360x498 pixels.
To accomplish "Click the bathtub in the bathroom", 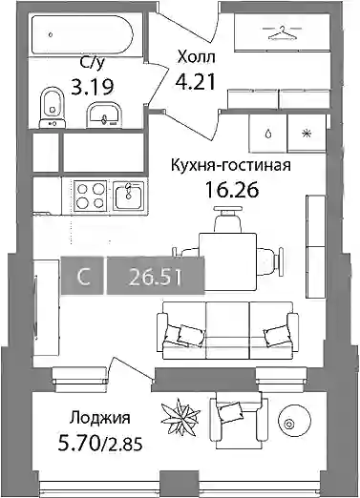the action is pos(83,33).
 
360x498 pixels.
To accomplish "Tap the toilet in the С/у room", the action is pos(53,108).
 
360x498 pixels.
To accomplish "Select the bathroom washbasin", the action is pos(104,114).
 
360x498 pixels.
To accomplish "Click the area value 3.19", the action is pos(93,87).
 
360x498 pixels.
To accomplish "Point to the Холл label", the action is pos(197,57).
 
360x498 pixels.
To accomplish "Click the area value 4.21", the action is pos(196,82).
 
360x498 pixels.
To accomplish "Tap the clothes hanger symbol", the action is pos(282,33).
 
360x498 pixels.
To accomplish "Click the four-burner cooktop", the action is pos(90,196).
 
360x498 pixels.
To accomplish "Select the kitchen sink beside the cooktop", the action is pos(129,196).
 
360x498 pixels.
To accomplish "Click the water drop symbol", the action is pos(269,134).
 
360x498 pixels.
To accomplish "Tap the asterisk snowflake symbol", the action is pos(307,134).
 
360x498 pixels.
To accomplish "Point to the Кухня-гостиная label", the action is pos(231,166).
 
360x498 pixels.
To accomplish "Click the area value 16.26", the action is pos(232,190).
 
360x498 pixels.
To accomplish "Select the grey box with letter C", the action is pos(82,276).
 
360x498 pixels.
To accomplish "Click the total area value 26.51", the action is pos(156,276).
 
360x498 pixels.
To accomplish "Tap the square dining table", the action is pos(227,261).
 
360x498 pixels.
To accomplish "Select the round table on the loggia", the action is pos(294,423).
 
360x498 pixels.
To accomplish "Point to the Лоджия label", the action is pos(100,419).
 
